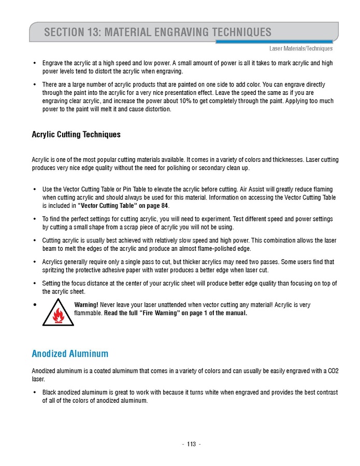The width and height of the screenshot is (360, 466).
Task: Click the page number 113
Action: click(191, 444)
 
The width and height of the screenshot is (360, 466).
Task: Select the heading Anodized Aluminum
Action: click(70, 354)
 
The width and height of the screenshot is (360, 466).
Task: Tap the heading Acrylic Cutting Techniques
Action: click(76, 134)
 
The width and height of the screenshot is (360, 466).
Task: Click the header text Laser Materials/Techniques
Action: click(300, 49)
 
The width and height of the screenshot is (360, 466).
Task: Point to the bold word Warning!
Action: click(87, 304)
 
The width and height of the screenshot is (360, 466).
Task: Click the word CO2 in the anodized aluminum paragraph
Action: click(333, 371)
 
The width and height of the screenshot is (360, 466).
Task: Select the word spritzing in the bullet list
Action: click(54, 270)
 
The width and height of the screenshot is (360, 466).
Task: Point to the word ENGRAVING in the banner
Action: click(180, 33)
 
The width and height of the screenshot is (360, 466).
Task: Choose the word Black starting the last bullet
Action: click(50, 392)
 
